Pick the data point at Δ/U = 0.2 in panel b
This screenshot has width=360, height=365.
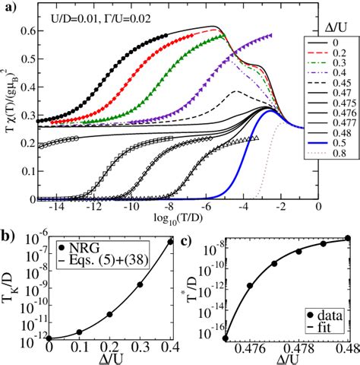coord(111,314)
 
